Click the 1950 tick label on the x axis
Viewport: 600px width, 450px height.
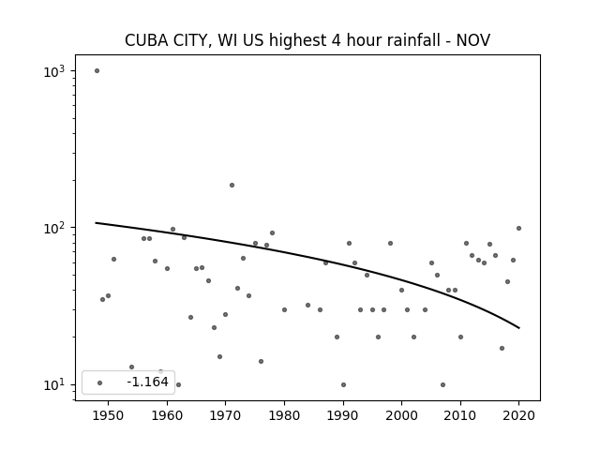pos(109,415)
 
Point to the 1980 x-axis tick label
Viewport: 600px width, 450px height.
pos(284,415)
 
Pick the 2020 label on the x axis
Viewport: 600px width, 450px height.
pos(518,415)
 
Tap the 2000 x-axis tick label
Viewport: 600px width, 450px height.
pos(401,415)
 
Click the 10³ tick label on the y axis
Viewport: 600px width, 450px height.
pos(54,71)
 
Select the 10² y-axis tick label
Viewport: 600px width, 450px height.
pos(54,229)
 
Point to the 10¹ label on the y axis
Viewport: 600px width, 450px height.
pos(54,385)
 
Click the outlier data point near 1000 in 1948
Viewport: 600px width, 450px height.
pos(97,71)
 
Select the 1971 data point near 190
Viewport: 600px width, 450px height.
pos(232,186)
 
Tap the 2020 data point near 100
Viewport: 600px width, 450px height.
pos(518,229)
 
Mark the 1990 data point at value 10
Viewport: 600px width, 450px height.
pos(343,385)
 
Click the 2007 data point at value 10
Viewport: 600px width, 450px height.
pos(442,385)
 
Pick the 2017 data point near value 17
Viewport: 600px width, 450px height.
pos(502,348)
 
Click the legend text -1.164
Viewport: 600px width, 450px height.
pos(148,382)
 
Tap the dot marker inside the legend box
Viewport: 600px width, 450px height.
pos(100,383)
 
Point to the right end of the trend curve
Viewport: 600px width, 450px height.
pos(518,328)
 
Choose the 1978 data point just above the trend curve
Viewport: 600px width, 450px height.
pos(272,233)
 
